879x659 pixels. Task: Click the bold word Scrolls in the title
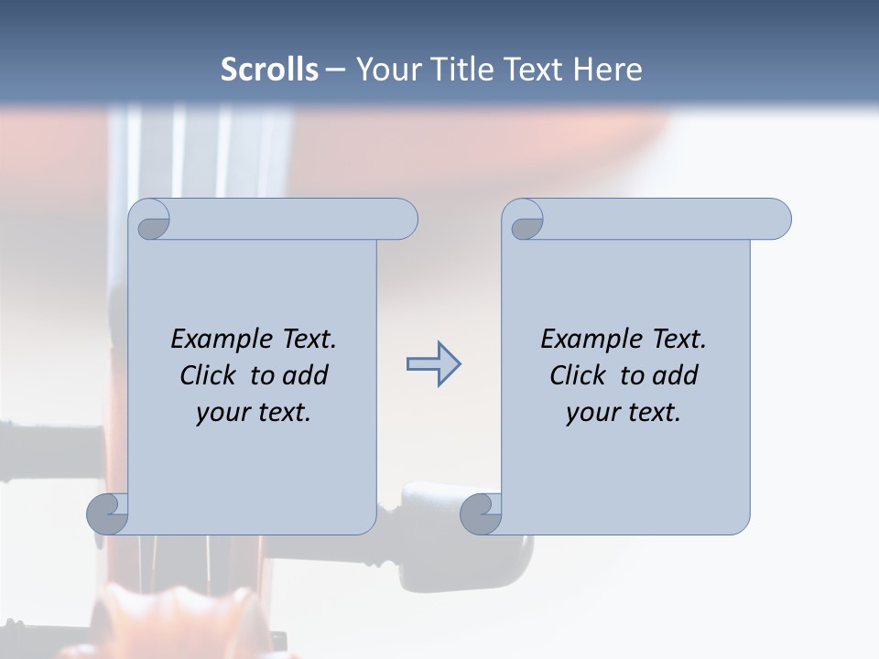269,70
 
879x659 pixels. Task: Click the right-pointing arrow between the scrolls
433,364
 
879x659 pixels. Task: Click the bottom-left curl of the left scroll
108,513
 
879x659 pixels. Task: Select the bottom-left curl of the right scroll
481,513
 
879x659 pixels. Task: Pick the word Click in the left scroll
207,376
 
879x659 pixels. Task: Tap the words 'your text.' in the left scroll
254,413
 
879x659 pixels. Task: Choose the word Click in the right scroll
577,376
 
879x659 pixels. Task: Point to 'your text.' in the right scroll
624,413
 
